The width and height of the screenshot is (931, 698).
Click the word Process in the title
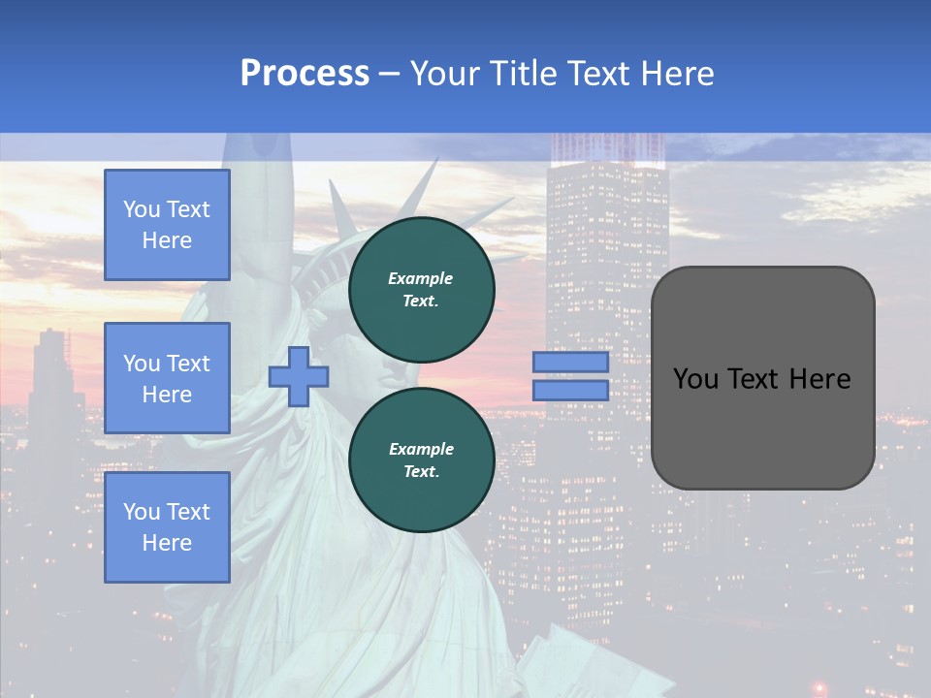click(x=305, y=74)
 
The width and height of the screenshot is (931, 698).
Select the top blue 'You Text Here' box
click(x=167, y=225)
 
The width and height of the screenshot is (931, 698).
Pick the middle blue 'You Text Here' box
click(x=167, y=378)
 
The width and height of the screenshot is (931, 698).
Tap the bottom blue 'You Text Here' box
click(x=167, y=526)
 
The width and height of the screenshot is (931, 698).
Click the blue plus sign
click(x=298, y=376)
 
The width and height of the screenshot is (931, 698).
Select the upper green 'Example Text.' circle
click(x=421, y=289)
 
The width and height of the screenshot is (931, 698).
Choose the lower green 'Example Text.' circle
click(x=421, y=460)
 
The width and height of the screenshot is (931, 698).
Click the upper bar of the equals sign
click(x=570, y=362)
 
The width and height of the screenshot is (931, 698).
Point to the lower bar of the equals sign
click(x=570, y=390)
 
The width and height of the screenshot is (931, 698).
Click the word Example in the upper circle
click(x=421, y=278)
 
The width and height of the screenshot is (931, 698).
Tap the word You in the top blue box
click(x=142, y=209)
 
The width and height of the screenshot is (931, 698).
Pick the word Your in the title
click(x=445, y=74)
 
